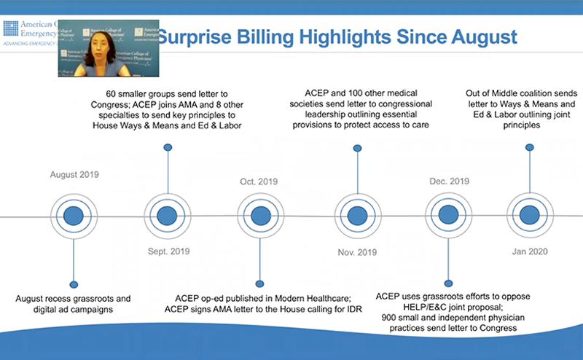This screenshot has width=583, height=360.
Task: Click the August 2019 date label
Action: (x=74, y=175)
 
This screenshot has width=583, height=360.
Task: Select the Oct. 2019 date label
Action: (x=259, y=181)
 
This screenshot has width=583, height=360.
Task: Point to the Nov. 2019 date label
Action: (x=356, y=252)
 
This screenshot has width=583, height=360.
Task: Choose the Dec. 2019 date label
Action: (x=450, y=181)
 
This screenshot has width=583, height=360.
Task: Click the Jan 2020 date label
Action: (x=530, y=251)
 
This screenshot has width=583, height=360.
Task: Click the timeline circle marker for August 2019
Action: (x=73, y=216)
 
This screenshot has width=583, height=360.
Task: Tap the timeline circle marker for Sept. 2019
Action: (x=167, y=216)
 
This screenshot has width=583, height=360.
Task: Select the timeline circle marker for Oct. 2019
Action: (x=259, y=216)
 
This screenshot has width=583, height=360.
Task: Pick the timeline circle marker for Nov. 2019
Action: (x=356, y=216)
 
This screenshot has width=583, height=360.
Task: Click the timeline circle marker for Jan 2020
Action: (x=530, y=216)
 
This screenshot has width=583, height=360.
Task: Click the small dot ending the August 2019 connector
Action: (x=73, y=283)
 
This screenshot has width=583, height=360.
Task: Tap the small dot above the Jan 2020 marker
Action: (x=530, y=147)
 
